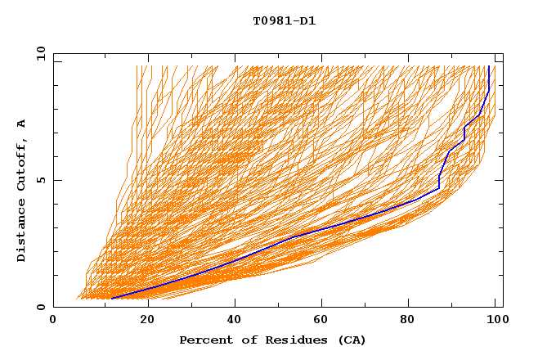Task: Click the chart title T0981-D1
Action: [284, 21]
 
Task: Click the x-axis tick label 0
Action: [53, 320]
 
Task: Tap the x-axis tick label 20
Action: [147, 320]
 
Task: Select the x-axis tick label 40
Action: [235, 320]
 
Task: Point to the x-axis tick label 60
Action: [325, 320]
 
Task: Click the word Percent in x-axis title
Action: [203, 340]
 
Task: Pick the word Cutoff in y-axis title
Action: [22, 165]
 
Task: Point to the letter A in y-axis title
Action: [22, 123]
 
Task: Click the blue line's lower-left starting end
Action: [111, 299]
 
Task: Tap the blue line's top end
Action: [488, 67]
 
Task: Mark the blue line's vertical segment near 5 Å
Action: [439, 182]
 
